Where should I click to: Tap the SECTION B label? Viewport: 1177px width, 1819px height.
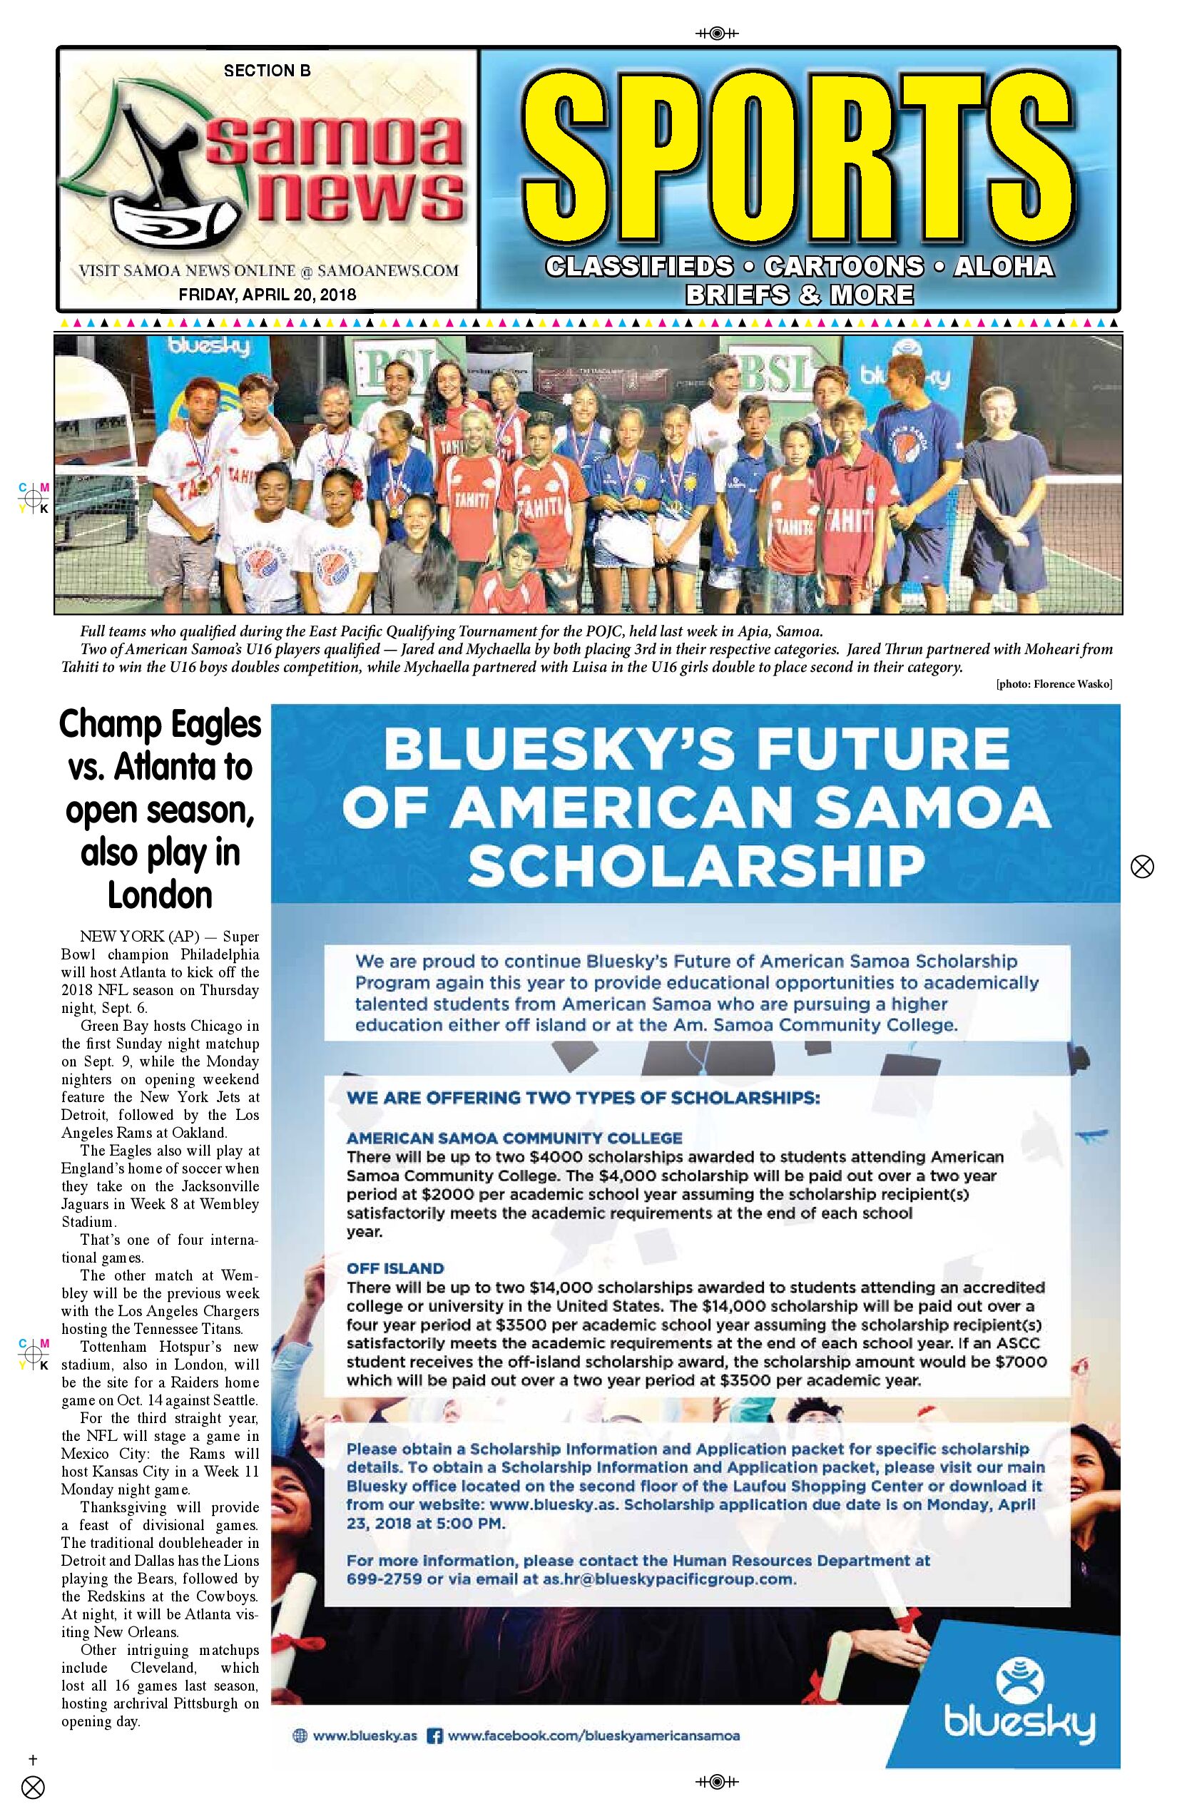pyautogui.click(x=267, y=71)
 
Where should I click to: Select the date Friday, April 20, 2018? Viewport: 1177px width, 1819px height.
pyautogui.click(x=267, y=294)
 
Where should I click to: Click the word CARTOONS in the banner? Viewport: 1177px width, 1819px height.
pyautogui.click(x=843, y=266)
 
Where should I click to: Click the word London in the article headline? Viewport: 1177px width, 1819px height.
pyautogui.click(x=160, y=895)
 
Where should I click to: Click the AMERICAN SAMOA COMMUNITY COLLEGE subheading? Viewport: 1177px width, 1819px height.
pyautogui.click(x=514, y=1138)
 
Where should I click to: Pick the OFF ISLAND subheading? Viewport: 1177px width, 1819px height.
pyautogui.click(x=395, y=1269)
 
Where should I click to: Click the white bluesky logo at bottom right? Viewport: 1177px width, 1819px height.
pyautogui.click(x=1019, y=1706)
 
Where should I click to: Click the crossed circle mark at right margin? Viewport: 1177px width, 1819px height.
pyautogui.click(x=1142, y=867)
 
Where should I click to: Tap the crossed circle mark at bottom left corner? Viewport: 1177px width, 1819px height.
pyautogui.click(x=33, y=1788)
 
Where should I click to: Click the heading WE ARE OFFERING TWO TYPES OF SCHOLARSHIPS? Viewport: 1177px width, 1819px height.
pyautogui.click(x=584, y=1098)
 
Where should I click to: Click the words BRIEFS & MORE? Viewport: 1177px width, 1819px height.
pyautogui.click(x=799, y=295)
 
